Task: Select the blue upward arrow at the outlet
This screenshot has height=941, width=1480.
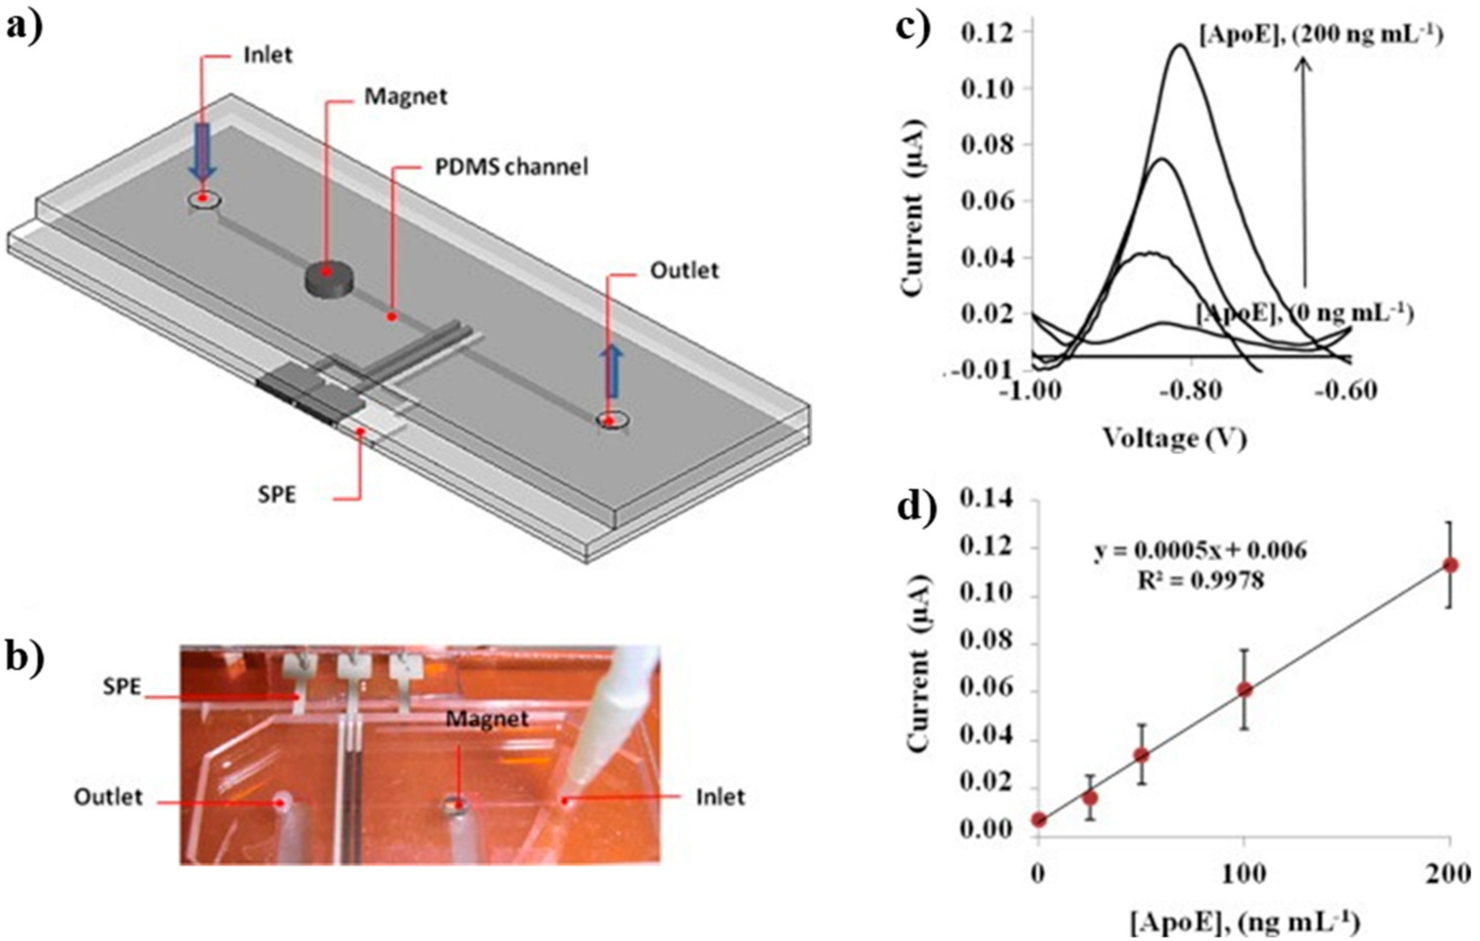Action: pos(613,371)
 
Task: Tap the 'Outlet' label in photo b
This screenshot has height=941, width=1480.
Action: pos(108,797)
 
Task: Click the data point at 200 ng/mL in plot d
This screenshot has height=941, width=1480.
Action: pos(1449,565)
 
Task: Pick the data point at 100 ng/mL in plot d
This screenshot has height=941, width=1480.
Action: pos(1245,690)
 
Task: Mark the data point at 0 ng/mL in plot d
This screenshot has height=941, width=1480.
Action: pos(1039,820)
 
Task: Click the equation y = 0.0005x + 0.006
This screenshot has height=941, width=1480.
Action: pos(1200,551)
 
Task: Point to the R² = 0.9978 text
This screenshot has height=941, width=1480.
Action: pos(1200,580)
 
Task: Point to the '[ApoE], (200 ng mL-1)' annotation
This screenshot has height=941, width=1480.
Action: pos(1321,36)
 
